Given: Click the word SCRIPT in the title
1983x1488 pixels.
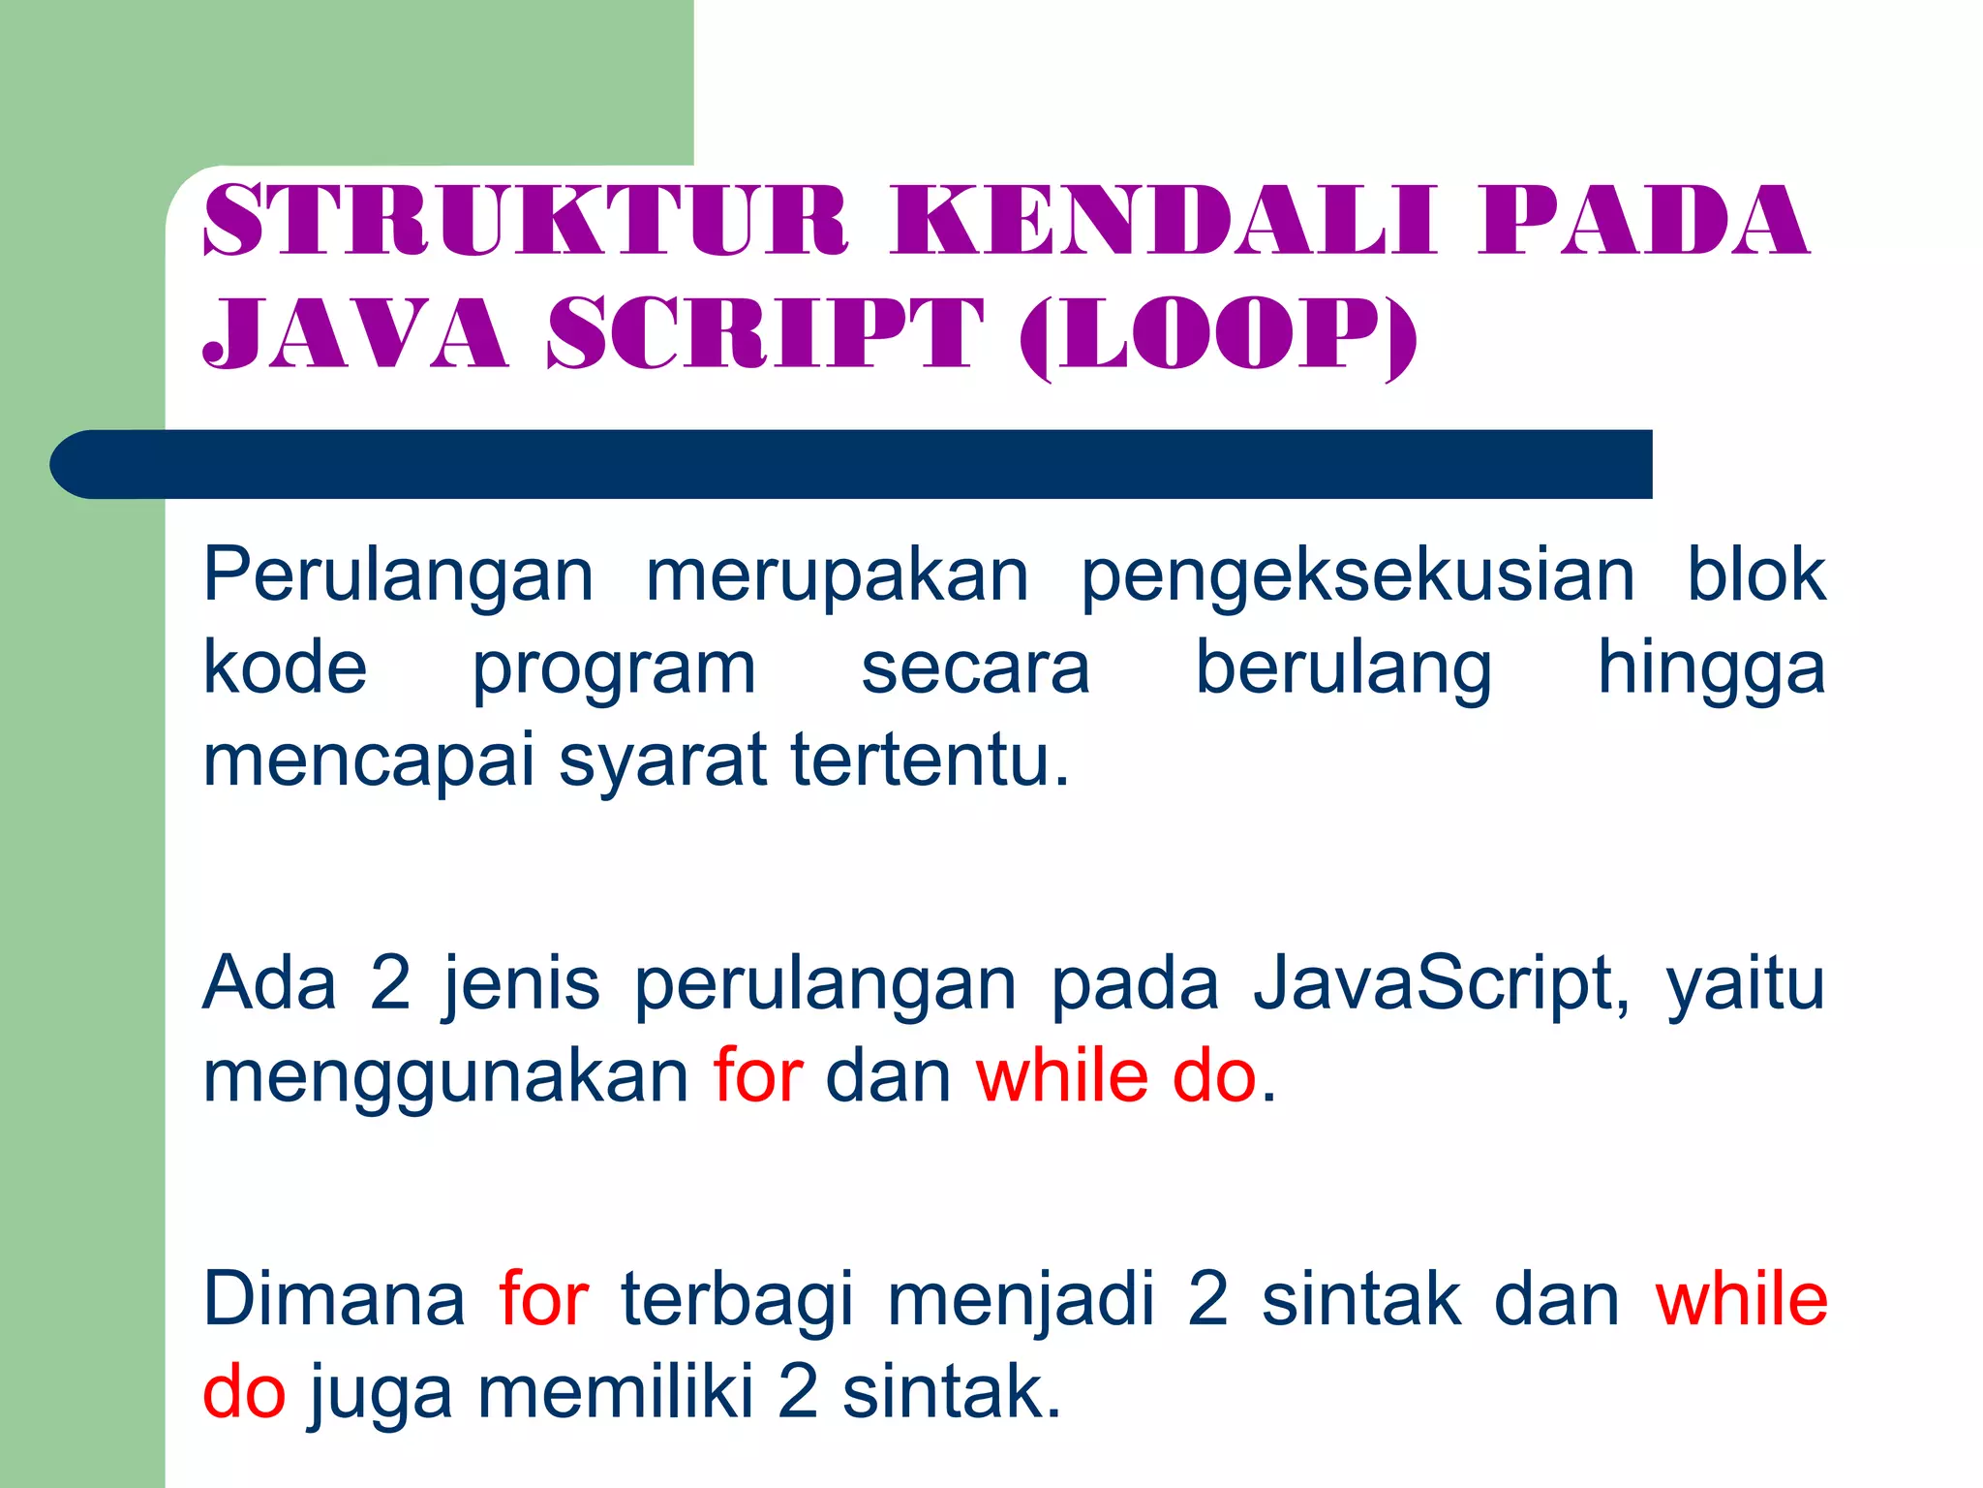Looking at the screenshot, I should [x=765, y=333].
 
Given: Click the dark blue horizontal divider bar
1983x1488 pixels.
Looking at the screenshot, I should [x=852, y=464].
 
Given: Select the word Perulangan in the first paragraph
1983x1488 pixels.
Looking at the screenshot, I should [x=398, y=575].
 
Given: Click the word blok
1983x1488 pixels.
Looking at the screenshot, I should [x=1755, y=575].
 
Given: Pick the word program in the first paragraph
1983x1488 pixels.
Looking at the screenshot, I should [x=614, y=670].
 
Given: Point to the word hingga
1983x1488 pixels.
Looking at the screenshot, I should [x=1711, y=670].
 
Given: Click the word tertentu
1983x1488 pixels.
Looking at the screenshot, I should [x=930, y=760].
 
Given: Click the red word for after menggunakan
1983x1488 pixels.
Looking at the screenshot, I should [x=758, y=1076].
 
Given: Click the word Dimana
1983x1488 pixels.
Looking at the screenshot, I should [x=334, y=1300].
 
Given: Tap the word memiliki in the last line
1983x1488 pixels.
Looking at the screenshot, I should [x=615, y=1392].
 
